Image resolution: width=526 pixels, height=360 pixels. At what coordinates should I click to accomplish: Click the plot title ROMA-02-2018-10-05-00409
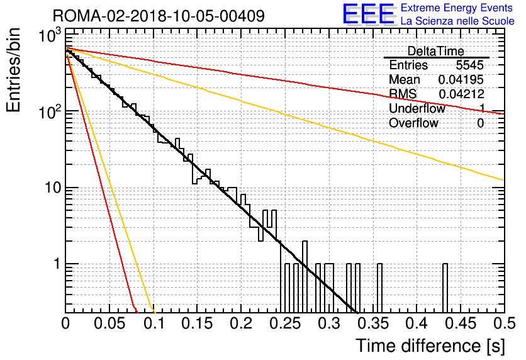159,16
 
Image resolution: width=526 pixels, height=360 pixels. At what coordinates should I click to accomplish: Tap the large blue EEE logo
368,14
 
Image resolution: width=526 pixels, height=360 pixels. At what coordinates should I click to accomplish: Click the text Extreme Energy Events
457,8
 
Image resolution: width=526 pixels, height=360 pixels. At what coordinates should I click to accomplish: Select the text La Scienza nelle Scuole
457,21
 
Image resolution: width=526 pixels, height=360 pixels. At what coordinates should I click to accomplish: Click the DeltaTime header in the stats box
436,51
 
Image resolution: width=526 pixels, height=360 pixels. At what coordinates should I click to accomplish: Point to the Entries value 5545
469,65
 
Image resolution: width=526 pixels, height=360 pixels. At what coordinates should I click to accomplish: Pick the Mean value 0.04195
461,79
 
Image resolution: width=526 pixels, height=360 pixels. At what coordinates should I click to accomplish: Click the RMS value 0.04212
461,94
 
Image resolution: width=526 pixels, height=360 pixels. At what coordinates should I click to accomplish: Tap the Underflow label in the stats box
417,108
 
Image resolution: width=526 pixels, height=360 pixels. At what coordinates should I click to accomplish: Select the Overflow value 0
480,123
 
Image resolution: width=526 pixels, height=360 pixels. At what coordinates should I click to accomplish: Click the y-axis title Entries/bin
13,70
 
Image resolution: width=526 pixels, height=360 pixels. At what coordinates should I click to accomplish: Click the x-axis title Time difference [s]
430,346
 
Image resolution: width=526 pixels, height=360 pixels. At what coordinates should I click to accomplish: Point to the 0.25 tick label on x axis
286,323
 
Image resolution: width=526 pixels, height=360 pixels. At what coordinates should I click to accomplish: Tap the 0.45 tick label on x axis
461,323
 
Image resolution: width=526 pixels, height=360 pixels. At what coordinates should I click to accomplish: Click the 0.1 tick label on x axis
154,323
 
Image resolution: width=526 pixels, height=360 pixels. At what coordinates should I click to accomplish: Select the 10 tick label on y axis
53,188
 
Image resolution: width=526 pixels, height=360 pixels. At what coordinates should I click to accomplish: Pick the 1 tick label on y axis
57,264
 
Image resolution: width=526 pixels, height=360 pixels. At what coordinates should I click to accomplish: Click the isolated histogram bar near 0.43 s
445,288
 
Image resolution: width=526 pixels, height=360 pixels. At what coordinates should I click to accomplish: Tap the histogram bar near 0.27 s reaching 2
305,277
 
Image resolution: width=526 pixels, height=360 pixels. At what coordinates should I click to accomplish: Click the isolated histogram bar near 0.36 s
379,288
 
